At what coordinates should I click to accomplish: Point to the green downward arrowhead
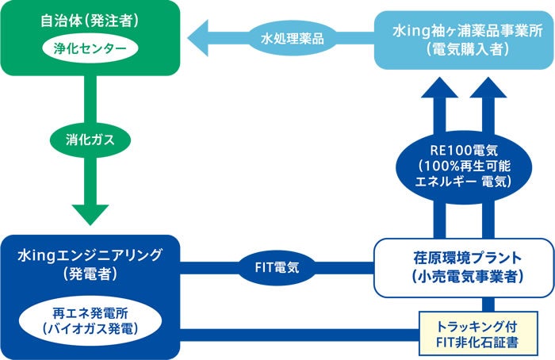tap(89, 213)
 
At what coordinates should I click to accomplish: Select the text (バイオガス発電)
tap(88, 325)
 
